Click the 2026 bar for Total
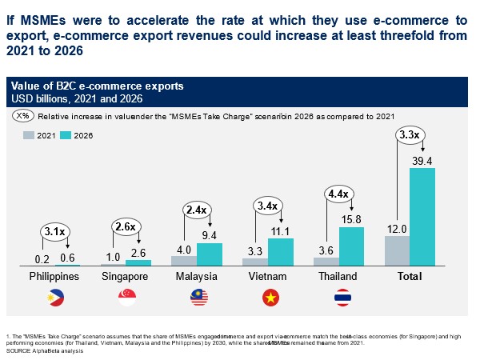(422, 217)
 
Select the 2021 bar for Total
(397, 250)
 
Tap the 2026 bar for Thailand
(350, 246)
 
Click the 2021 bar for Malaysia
(183, 261)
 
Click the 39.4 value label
(422, 162)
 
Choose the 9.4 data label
(209, 236)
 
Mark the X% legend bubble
(23, 116)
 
